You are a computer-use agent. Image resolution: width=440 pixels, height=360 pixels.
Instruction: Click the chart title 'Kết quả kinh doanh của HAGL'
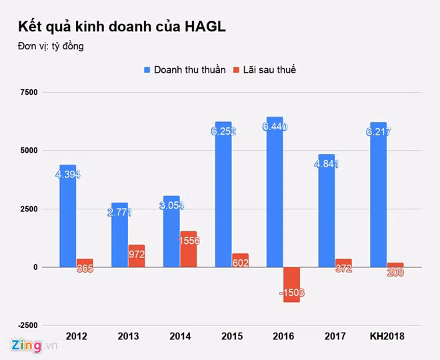point(122,27)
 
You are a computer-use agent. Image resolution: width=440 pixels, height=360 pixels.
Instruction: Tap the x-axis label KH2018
point(387,336)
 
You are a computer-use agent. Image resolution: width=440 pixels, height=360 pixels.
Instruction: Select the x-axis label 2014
point(180,336)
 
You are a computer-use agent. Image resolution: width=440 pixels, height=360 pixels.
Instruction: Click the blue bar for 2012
point(68,220)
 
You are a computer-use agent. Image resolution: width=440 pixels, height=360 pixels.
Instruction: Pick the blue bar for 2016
point(275,200)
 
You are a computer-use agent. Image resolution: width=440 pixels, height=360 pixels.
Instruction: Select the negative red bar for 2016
point(291,283)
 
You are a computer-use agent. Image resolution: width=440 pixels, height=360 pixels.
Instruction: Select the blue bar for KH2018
point(378,200)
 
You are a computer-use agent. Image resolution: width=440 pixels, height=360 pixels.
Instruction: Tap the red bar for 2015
point(240,259)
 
